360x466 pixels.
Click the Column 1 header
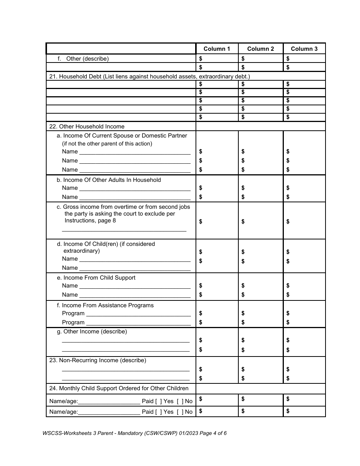tap(217, 49)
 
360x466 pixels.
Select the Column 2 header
tap(260, 49)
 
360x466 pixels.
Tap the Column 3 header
tap(304, 49)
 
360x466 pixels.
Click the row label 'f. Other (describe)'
tap(83, 59)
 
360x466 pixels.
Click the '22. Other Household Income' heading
tap(87, 127)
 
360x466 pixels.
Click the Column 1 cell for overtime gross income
tap(217, 221)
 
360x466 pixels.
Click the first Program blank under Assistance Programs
tap(138, 314)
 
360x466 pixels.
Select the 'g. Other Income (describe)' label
tap(92, 332)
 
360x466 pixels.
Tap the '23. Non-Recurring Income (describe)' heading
tap(98, 360)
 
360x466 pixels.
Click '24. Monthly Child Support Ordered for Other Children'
tap(119, 388)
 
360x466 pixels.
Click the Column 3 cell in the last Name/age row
tap(304, 411)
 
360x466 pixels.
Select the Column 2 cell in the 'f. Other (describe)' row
tap(260, 59)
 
